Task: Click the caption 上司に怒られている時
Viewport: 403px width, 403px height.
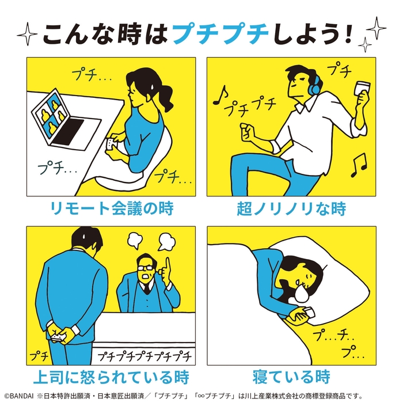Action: click(111, 378)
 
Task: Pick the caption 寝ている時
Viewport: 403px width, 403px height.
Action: click(291, 378)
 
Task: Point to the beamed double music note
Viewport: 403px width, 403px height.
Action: click(359, 165)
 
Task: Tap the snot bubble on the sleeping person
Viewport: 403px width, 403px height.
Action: click(300, 295)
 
